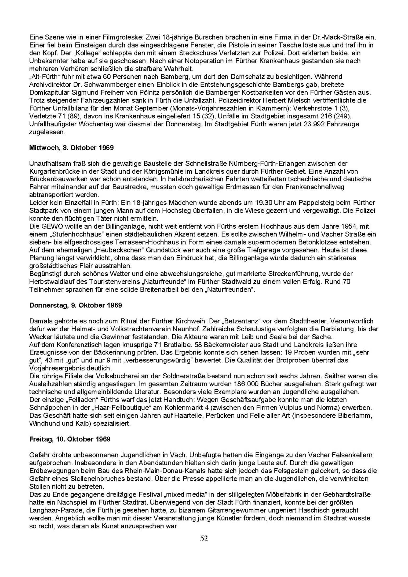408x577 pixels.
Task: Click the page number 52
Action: point(204,538)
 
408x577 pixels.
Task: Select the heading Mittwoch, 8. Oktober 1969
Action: point(71,148)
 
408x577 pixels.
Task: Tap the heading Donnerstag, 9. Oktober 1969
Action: point(75,305)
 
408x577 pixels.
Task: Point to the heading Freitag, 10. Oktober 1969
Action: point(70,439)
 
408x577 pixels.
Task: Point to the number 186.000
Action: point(246,384)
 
